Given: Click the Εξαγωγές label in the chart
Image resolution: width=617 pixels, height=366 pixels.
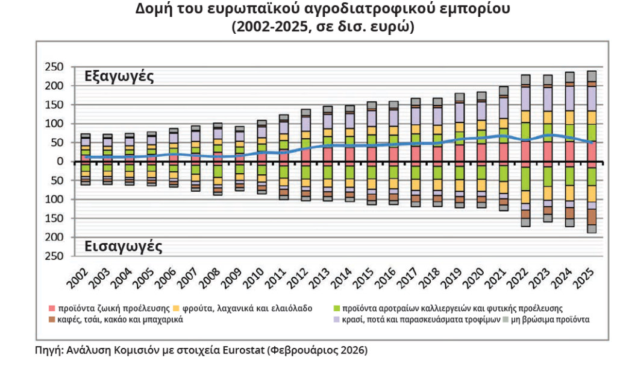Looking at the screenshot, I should point(119,77).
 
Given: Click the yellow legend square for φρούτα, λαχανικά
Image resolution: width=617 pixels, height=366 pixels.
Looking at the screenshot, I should point(175,308).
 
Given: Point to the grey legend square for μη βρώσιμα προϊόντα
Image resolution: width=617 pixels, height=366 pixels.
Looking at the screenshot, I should point(506,319).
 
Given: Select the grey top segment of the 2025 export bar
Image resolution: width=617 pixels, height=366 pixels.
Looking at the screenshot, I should point(592,76).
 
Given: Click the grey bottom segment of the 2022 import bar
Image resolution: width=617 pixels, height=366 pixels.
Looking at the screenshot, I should point(525,222).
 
